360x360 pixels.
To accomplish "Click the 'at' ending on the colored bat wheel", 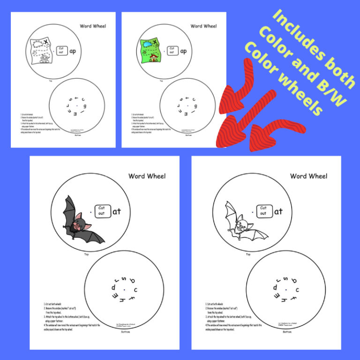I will [x=117, y=211].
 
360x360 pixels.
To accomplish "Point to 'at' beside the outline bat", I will [x=278, y=211].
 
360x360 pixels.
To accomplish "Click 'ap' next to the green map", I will [x=184, y=52].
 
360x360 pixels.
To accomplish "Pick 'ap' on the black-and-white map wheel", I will [x=73, y=51].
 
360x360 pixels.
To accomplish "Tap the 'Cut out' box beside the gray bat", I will [x=102, y=211].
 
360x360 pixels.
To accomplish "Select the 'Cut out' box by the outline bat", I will [x=263, y=211].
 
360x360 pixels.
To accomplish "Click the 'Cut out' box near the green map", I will [x=172, y=50].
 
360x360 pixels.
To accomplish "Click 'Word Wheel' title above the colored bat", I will [x=147, y=176].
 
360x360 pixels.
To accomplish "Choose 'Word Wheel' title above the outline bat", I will [x=308, y=176].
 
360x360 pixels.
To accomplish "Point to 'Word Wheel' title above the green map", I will [x=203, y=26].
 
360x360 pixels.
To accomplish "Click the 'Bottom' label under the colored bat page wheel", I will [x=125, y=331].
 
